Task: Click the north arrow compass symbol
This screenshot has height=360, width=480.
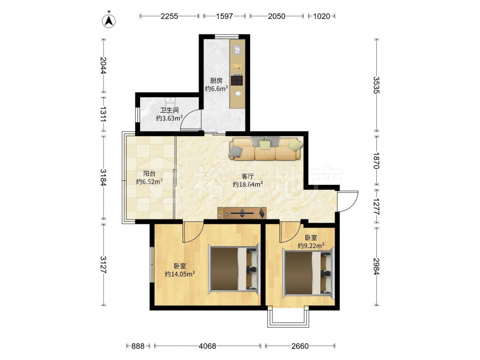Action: tap(108, 20)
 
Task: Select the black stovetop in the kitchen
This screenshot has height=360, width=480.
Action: tap(237, 80)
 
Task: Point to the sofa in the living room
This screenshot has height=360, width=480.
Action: tap(266, 148)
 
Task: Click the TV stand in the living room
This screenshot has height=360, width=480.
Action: tap(242, 213)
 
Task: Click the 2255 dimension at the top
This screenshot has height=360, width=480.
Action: tap(169, 16)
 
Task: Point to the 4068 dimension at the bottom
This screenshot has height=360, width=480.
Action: tap(207, 346)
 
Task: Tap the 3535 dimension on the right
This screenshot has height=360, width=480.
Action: tap(376, 85)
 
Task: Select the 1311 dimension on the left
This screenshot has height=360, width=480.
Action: tap(103, 114)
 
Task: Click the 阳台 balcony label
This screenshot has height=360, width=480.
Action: tap(149, 174)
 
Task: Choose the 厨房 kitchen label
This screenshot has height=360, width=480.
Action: tap(216, 81)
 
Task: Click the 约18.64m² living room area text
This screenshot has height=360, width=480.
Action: tap(248, 184)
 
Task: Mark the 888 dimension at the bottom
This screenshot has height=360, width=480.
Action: tap(138, 346)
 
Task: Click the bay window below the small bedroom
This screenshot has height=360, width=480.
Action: tap(288, 317)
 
